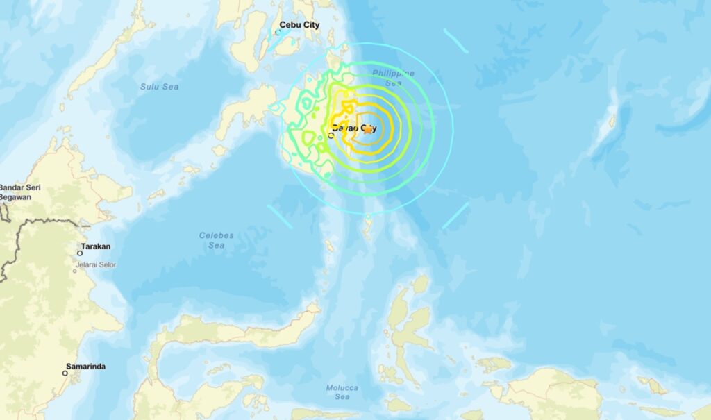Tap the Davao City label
point(354,128)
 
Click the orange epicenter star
point(378,130)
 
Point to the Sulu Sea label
point(160,87)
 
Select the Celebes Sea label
point(216,240)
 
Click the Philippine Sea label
point(393,78)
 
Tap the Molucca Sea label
point(342,392)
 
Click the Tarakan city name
point(95,246)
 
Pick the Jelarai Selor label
point(97,264)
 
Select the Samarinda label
point(85,366)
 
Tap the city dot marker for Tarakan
point(80,253)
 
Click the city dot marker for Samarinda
point(65,373)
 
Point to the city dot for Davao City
point(331,135)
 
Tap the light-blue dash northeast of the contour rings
point(455,40)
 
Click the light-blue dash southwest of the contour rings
point(280,216)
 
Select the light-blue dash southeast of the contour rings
point(455,215)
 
